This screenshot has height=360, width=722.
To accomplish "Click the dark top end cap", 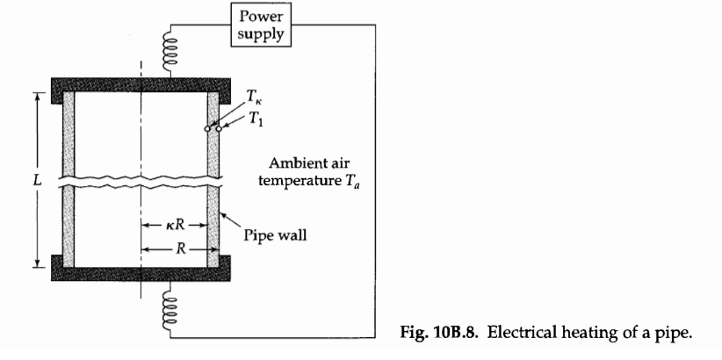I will coord(141,88).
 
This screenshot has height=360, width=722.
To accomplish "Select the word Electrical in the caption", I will coord(501,330).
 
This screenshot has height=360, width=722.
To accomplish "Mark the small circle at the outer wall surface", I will coord(218,129).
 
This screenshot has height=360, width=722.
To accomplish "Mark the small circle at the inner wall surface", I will coord(207,129).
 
